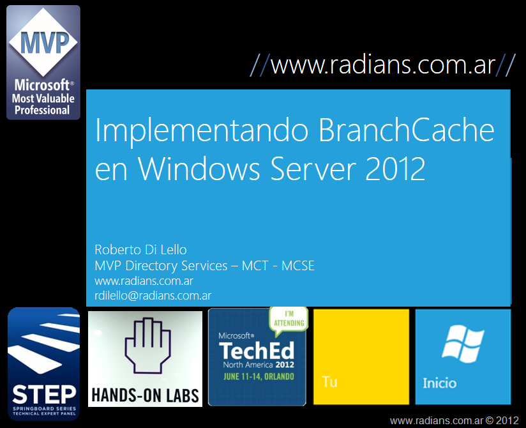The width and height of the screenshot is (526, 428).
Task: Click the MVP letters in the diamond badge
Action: (45, 42)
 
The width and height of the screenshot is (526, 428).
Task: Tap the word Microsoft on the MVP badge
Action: (42, 85)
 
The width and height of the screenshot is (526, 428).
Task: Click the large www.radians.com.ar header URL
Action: (383, 65)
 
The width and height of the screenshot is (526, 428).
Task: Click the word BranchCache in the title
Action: (406, 130)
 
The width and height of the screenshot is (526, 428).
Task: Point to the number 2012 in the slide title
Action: (395, 169)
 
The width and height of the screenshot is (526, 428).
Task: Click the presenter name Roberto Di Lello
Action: (140, 250)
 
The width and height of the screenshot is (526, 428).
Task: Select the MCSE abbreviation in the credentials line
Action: (298, 266)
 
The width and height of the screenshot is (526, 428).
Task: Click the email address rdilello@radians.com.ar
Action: (153, 295)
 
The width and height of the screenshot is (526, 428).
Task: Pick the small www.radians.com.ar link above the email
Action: (144, 281)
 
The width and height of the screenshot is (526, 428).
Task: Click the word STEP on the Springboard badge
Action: (44, 394)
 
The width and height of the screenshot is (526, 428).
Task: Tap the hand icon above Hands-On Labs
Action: (147, 346)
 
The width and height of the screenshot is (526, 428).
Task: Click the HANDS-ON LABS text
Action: (146, 395)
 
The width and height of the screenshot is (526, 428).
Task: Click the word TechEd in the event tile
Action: (257, 351)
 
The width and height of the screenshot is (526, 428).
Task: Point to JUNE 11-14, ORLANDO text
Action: (259, 376)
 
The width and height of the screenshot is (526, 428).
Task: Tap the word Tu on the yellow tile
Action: (329, 381)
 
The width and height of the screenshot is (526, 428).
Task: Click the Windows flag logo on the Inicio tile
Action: (463, 344)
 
